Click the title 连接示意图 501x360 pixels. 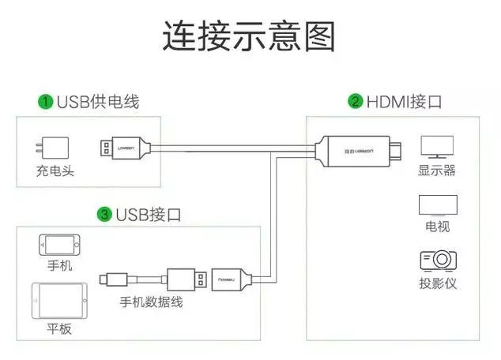click(x=250, y=36)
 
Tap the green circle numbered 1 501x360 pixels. click(x=47, y=102)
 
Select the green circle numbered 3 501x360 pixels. click(x=104, y=214)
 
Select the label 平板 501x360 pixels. click(x=58, y=328)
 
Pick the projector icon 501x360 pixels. click(x=437, y=261)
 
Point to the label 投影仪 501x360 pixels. click(x=437, y=283)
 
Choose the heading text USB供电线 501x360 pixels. click(x=97, y=102)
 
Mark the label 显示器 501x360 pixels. click(x=437, y=170)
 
